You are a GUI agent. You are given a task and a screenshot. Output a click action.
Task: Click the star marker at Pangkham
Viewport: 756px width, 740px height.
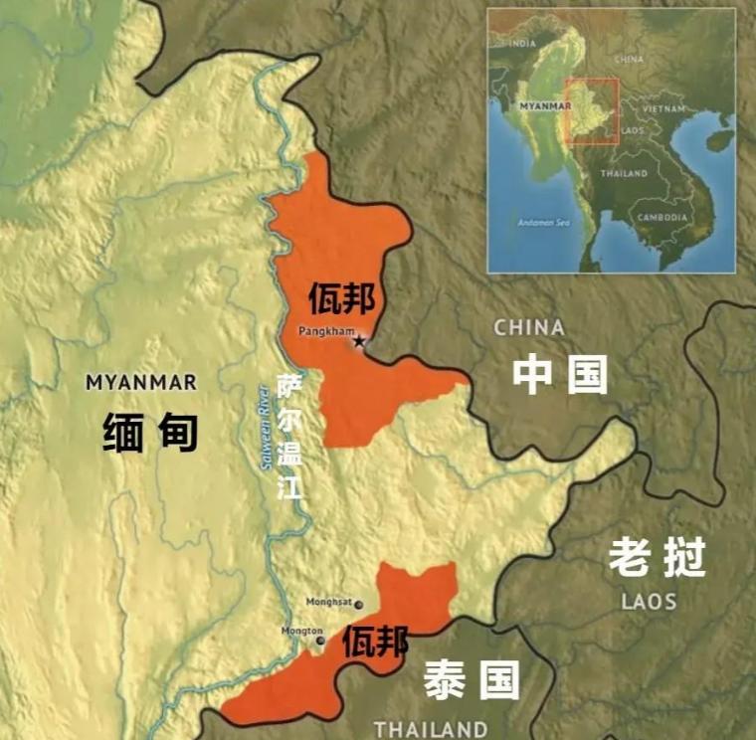tap(359, 341)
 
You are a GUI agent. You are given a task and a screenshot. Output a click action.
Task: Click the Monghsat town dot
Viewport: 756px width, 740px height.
tap(359, 604)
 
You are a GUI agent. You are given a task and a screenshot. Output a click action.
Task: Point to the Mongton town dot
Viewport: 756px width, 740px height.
tap(320, 641)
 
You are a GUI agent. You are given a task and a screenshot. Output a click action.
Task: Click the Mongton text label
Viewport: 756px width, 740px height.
tap(300, 631)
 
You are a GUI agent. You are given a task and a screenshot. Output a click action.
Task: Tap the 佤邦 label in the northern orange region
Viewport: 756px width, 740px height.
tap(341, 296)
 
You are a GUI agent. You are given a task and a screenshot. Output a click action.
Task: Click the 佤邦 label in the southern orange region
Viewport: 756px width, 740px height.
tap(375, 645)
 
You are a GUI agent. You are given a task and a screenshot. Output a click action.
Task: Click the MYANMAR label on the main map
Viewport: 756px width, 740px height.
tap(140, 382)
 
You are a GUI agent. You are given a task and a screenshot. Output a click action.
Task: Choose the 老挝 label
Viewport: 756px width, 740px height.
tap(657, 559)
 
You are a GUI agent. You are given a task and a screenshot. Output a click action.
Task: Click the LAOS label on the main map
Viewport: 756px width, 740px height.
tap(649, 602)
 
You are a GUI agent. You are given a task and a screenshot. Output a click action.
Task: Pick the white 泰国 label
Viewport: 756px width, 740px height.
tap(472, 680)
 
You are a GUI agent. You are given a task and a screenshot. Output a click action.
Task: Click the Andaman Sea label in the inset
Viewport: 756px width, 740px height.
tap(541, 222)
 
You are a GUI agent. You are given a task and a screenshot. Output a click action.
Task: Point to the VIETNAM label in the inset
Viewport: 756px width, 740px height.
tap(662, 107)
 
